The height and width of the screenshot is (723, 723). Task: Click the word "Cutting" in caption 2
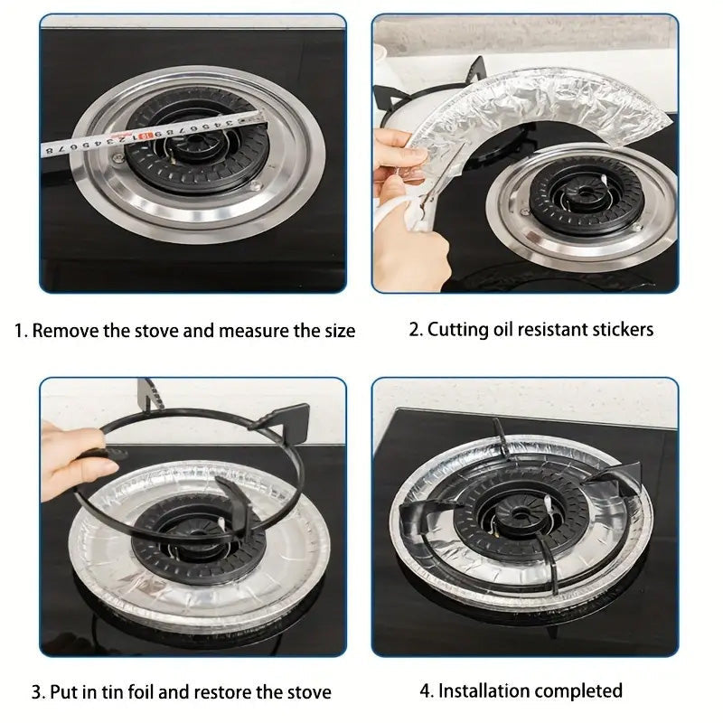(x=459, y=329)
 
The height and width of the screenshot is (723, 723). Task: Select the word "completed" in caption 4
(x=577, y=691)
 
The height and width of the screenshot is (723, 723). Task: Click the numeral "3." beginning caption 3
(x=38, y=693)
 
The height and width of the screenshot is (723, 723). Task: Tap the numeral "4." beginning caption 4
(x=427, y=691)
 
